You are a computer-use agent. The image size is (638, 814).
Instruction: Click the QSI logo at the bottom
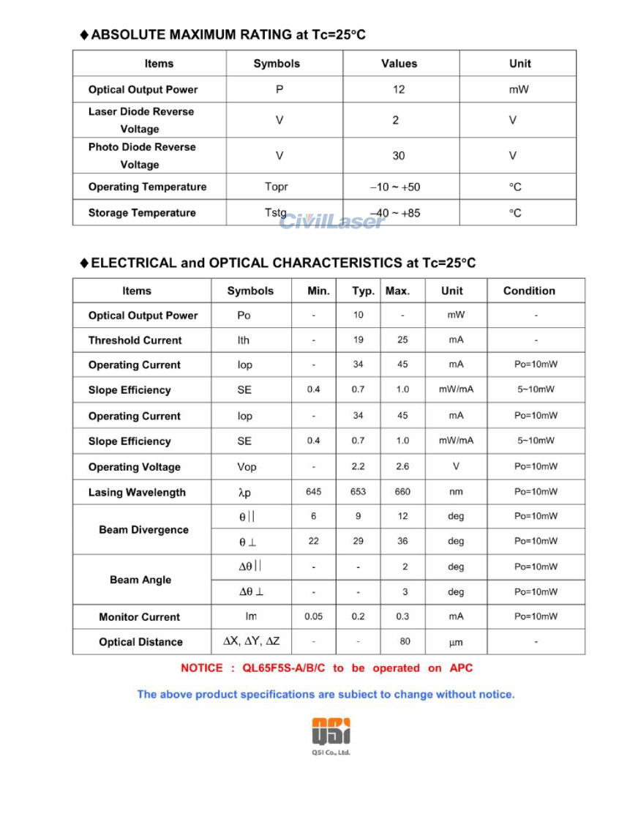point(331,732)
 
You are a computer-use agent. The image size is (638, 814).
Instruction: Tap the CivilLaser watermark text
point(331,220)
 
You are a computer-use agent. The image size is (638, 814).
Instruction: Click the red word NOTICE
point(201,668)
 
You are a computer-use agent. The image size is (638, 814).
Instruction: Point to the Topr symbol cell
point(277,187)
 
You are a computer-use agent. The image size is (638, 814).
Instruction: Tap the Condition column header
point(529,291)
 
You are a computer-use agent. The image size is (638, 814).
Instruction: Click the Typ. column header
point(363,291)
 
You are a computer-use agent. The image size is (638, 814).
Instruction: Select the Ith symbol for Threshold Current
point(244,340)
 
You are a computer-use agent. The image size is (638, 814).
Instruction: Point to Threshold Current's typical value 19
point(358,340)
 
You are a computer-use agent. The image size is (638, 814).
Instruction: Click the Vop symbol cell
point(247,467)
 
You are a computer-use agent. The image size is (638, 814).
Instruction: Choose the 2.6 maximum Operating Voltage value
point(402,467)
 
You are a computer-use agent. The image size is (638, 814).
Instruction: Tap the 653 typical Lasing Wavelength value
point(358,492)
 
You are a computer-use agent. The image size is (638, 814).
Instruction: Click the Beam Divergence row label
point(143,530)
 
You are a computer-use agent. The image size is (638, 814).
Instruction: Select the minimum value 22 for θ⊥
point(313,541)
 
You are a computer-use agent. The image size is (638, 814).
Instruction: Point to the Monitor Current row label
point(139,617)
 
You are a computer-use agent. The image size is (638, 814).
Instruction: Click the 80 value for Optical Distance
point(405,642)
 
